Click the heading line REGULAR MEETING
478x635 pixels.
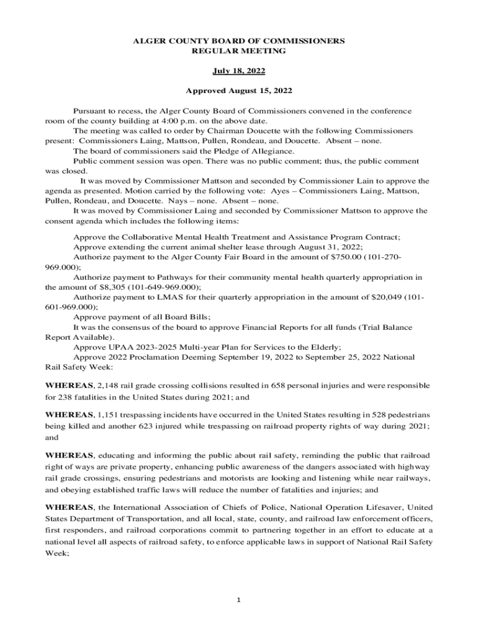[239, 51]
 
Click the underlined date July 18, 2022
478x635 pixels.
[239, 71]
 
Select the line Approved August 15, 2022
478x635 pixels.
[239, 91]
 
